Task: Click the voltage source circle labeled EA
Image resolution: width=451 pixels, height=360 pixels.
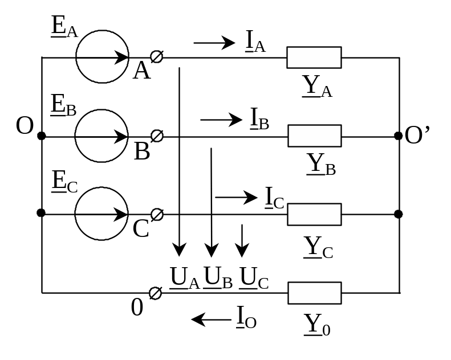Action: tap(101, 58)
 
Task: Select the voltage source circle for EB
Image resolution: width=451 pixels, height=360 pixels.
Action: tap(101, 137)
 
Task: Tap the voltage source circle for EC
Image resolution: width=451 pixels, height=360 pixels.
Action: tap(101, 214)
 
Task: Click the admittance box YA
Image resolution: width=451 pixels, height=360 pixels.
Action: tap(314, 58)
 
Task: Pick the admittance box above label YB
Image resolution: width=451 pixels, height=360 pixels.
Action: tap(314, 136)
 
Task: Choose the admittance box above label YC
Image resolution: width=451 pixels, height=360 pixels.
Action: tap(314, 214)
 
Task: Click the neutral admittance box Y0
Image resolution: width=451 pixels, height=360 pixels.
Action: tap(314, 293)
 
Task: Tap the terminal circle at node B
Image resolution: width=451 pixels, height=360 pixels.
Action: tap(157, 136)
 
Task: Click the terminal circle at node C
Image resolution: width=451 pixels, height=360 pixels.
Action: tap(157, 214)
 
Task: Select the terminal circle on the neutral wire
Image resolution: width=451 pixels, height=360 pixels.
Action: tap(155, 293)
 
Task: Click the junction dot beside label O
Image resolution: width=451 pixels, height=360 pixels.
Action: tap(42, 136)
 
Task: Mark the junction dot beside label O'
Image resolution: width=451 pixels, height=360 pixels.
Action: tap(398, 136)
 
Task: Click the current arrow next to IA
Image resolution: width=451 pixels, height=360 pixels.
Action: tap(214, 42)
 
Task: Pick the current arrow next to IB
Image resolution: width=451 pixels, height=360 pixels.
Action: tap(221, 120)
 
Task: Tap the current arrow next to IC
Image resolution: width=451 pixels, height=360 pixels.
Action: tap(236, 197)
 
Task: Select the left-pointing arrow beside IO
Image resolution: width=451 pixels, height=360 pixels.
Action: tap(211, 319)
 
